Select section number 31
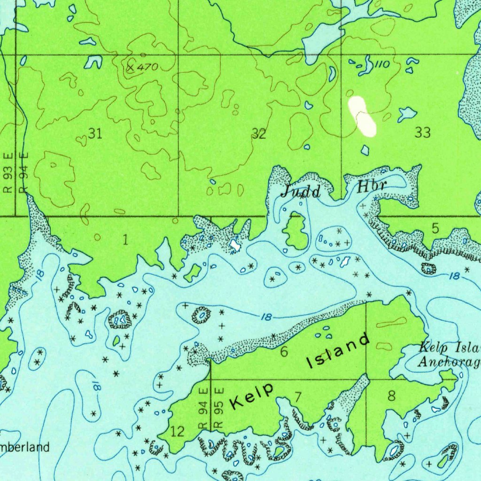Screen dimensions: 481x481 pyautogui.click(x=95, y=134)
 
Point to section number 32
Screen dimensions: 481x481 pyautogui.click(x=259, y=134)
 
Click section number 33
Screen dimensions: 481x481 pyautogui.click(x=422, y=133)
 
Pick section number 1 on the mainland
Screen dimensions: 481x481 pyautogui.click(x=125, y=240)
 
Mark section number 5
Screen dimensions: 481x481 pyautogui.click(x=435, y=229)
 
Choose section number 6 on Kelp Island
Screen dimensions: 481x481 pyautogui.click(x=284, y=351)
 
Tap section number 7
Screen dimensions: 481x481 pyautogui.click(x=298, y=396)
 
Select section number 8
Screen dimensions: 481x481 pyautogui.click(x=391, y=396)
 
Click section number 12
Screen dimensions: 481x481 pyautogui.click(x=177, y=431)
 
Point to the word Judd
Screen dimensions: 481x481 pyautogui.click(x=301, y=191)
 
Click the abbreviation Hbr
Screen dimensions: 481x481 pyautogui.click(x=372, y=186)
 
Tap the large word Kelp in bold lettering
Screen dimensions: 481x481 pyautogui.click(x=252, y=396)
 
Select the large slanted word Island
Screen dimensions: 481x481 pyautogui.click(x=338, y=351)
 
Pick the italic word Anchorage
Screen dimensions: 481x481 pyautogui.click(x=449, y=362)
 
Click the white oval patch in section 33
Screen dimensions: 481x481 pyautogui.click(x=362, y=116)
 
